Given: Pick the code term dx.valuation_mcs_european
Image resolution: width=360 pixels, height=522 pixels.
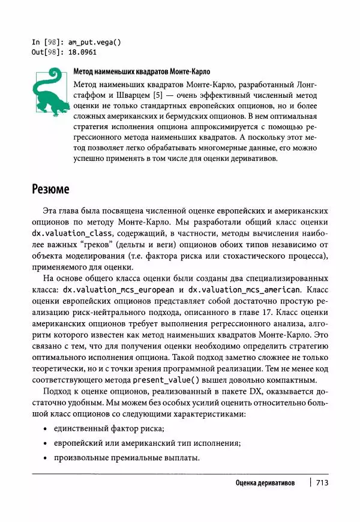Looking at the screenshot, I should [x=121, y=289].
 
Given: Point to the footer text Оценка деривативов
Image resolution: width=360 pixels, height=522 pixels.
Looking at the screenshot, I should [x=265, y=483].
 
